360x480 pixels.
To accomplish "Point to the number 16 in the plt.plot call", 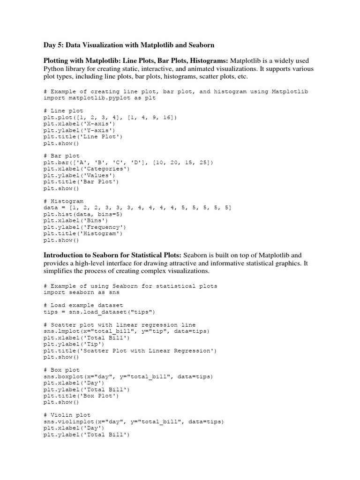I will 166,117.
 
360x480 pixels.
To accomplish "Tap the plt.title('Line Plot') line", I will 82,136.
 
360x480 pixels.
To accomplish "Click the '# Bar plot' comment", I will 61,156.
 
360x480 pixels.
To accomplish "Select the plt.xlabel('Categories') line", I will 86,169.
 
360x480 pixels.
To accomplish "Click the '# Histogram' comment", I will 63,201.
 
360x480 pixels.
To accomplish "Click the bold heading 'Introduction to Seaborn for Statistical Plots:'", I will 112,255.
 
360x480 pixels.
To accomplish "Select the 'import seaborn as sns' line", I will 82,292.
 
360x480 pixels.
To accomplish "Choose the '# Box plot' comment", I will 61,370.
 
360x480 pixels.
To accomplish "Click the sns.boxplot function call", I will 128,376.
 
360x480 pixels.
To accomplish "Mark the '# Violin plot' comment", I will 67,415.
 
